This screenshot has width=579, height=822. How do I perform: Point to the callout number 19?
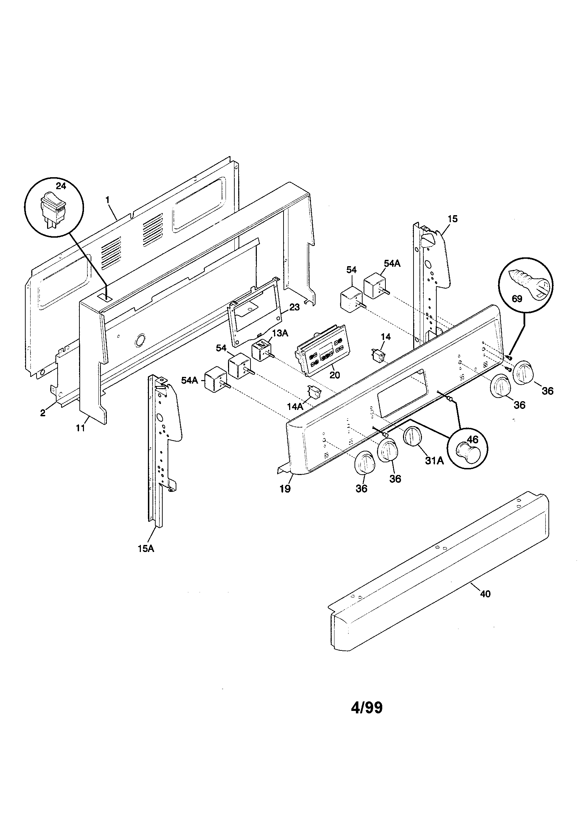(285, 489)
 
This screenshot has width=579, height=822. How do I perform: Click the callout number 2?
(43, 413)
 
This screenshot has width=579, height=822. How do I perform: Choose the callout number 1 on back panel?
(107, 197)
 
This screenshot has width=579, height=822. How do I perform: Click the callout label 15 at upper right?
(452, 219)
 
